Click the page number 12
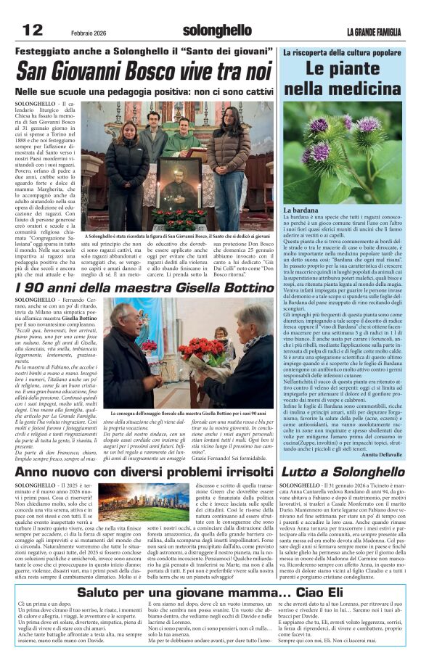pyautogui.click(x=32, y=30)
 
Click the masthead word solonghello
pyautogui.click(x=217, y=31)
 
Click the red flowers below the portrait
pyautogui.click(x=179, y=216)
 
